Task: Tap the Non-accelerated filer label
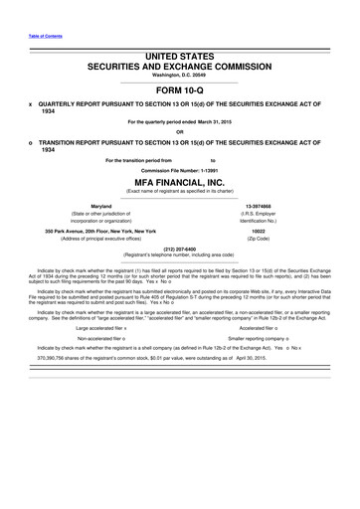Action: click(x=104, y=337)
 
